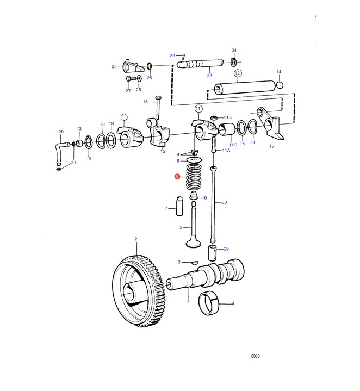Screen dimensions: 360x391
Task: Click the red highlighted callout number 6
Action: pos(177,177)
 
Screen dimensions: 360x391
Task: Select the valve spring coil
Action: pos(194,177)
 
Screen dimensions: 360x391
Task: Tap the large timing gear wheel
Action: pos(138,291)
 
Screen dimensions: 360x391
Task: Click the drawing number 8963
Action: pos(255,356)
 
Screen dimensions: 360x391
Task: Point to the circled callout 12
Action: pos(237,73)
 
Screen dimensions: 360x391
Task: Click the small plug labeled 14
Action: pos(280,85)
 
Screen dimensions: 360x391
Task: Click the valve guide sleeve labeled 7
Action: pos(179,207)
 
